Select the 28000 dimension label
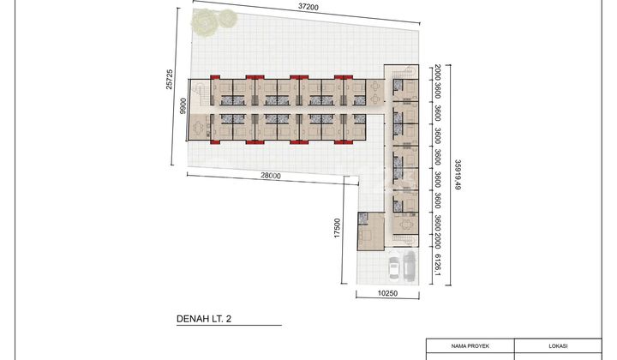(271, 175)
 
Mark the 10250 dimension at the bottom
(387, 292)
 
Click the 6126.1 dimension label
(437, 267)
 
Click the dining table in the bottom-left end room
(203, 129)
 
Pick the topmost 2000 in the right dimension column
(437, 73)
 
